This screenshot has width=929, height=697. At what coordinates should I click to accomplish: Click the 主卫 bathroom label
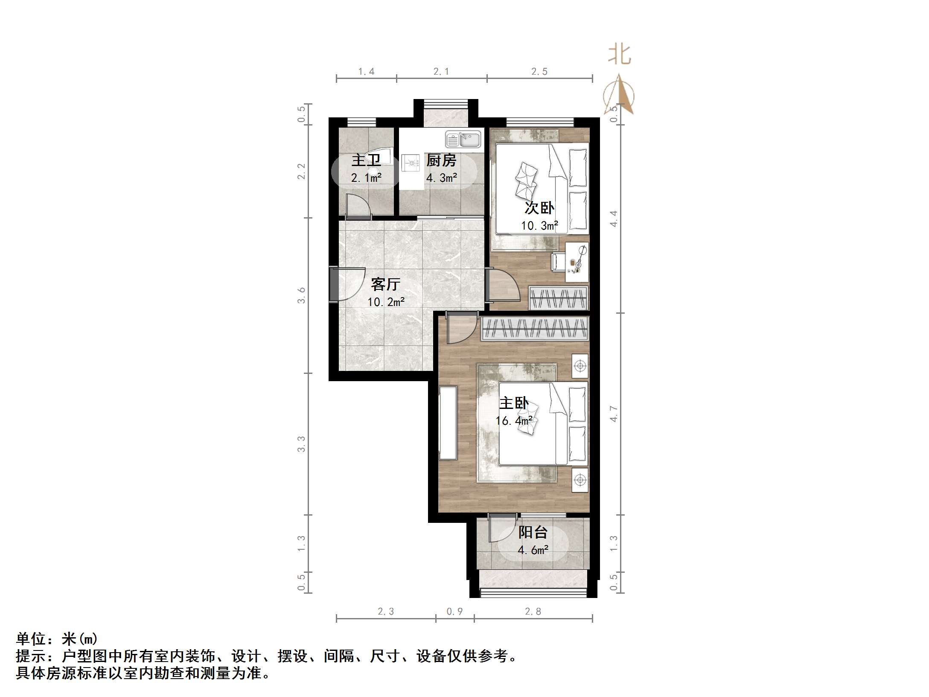coord(366,160)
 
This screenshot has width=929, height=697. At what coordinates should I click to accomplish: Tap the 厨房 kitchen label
coord(441,160)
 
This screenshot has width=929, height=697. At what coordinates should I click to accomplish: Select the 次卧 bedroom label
coord(539,208)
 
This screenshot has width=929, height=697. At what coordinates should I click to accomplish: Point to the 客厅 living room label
coord(385,284)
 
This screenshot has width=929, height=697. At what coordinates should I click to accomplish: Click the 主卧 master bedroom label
coord(514,403)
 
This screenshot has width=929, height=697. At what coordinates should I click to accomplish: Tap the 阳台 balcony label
coord(533,532)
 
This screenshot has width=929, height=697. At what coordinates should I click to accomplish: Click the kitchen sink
coord(463,139)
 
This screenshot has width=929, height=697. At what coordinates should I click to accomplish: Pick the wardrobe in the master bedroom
coord(535,328)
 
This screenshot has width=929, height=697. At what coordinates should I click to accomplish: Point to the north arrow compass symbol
coord(619,95)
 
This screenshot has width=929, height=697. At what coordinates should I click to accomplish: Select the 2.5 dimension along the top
coord(539,72)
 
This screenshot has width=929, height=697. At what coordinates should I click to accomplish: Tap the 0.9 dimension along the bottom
coord(454,612)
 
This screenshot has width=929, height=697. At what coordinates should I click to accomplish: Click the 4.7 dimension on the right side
coord(614,414)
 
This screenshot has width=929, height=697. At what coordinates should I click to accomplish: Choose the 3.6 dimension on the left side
coord(301,295)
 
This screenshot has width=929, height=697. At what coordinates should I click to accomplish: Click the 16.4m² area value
coord(514,421)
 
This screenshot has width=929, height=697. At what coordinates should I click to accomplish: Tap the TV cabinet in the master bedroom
coord(448,423)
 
